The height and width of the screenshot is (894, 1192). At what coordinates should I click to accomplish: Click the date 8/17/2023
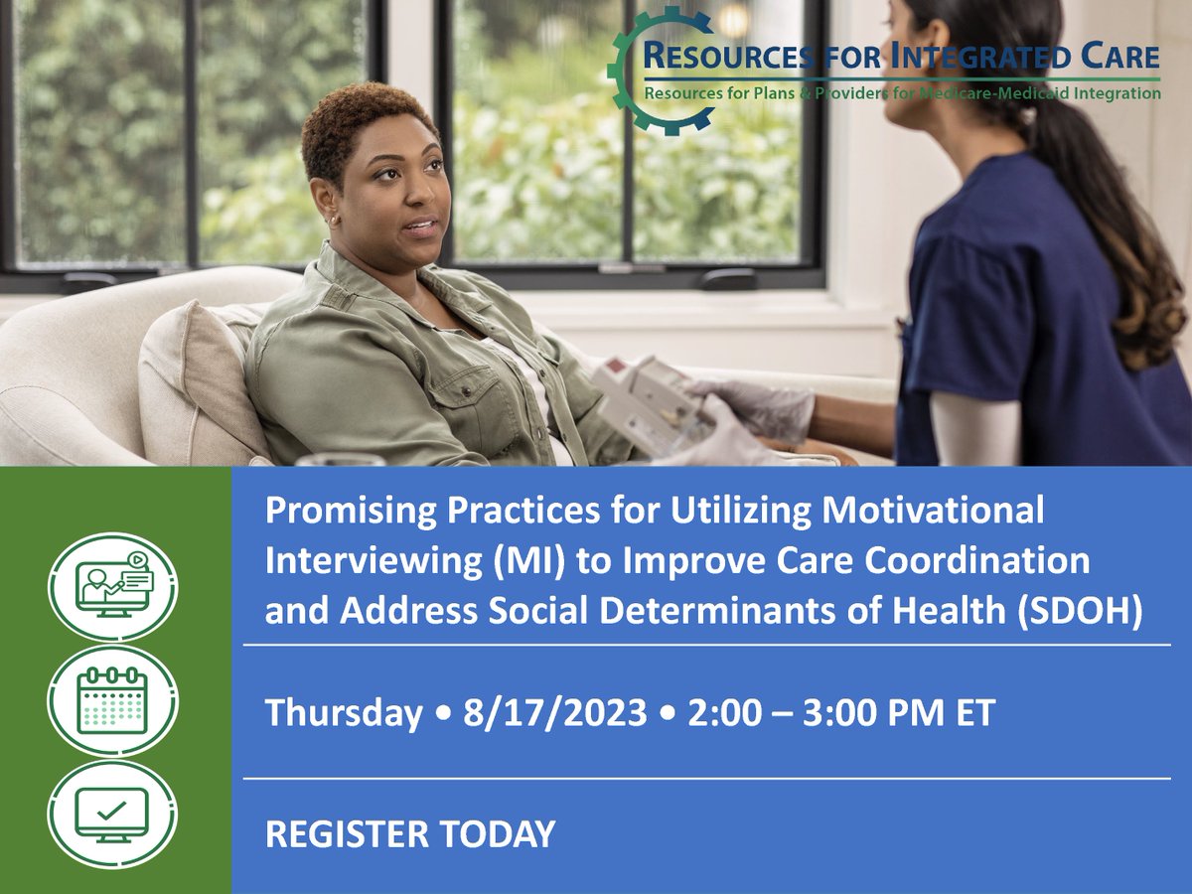pos(554,712)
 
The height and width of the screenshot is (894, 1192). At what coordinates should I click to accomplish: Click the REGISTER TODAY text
pos(410,833)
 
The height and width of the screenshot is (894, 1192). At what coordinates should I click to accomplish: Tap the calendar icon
pos(112,701)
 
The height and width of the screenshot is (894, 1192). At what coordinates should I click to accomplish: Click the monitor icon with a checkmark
pos(112,815)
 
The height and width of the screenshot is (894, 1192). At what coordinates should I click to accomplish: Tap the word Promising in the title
pos(351,512)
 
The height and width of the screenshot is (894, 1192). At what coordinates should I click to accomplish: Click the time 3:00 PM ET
pos(899,712)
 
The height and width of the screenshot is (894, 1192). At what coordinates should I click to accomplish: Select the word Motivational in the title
pos(933,511)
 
